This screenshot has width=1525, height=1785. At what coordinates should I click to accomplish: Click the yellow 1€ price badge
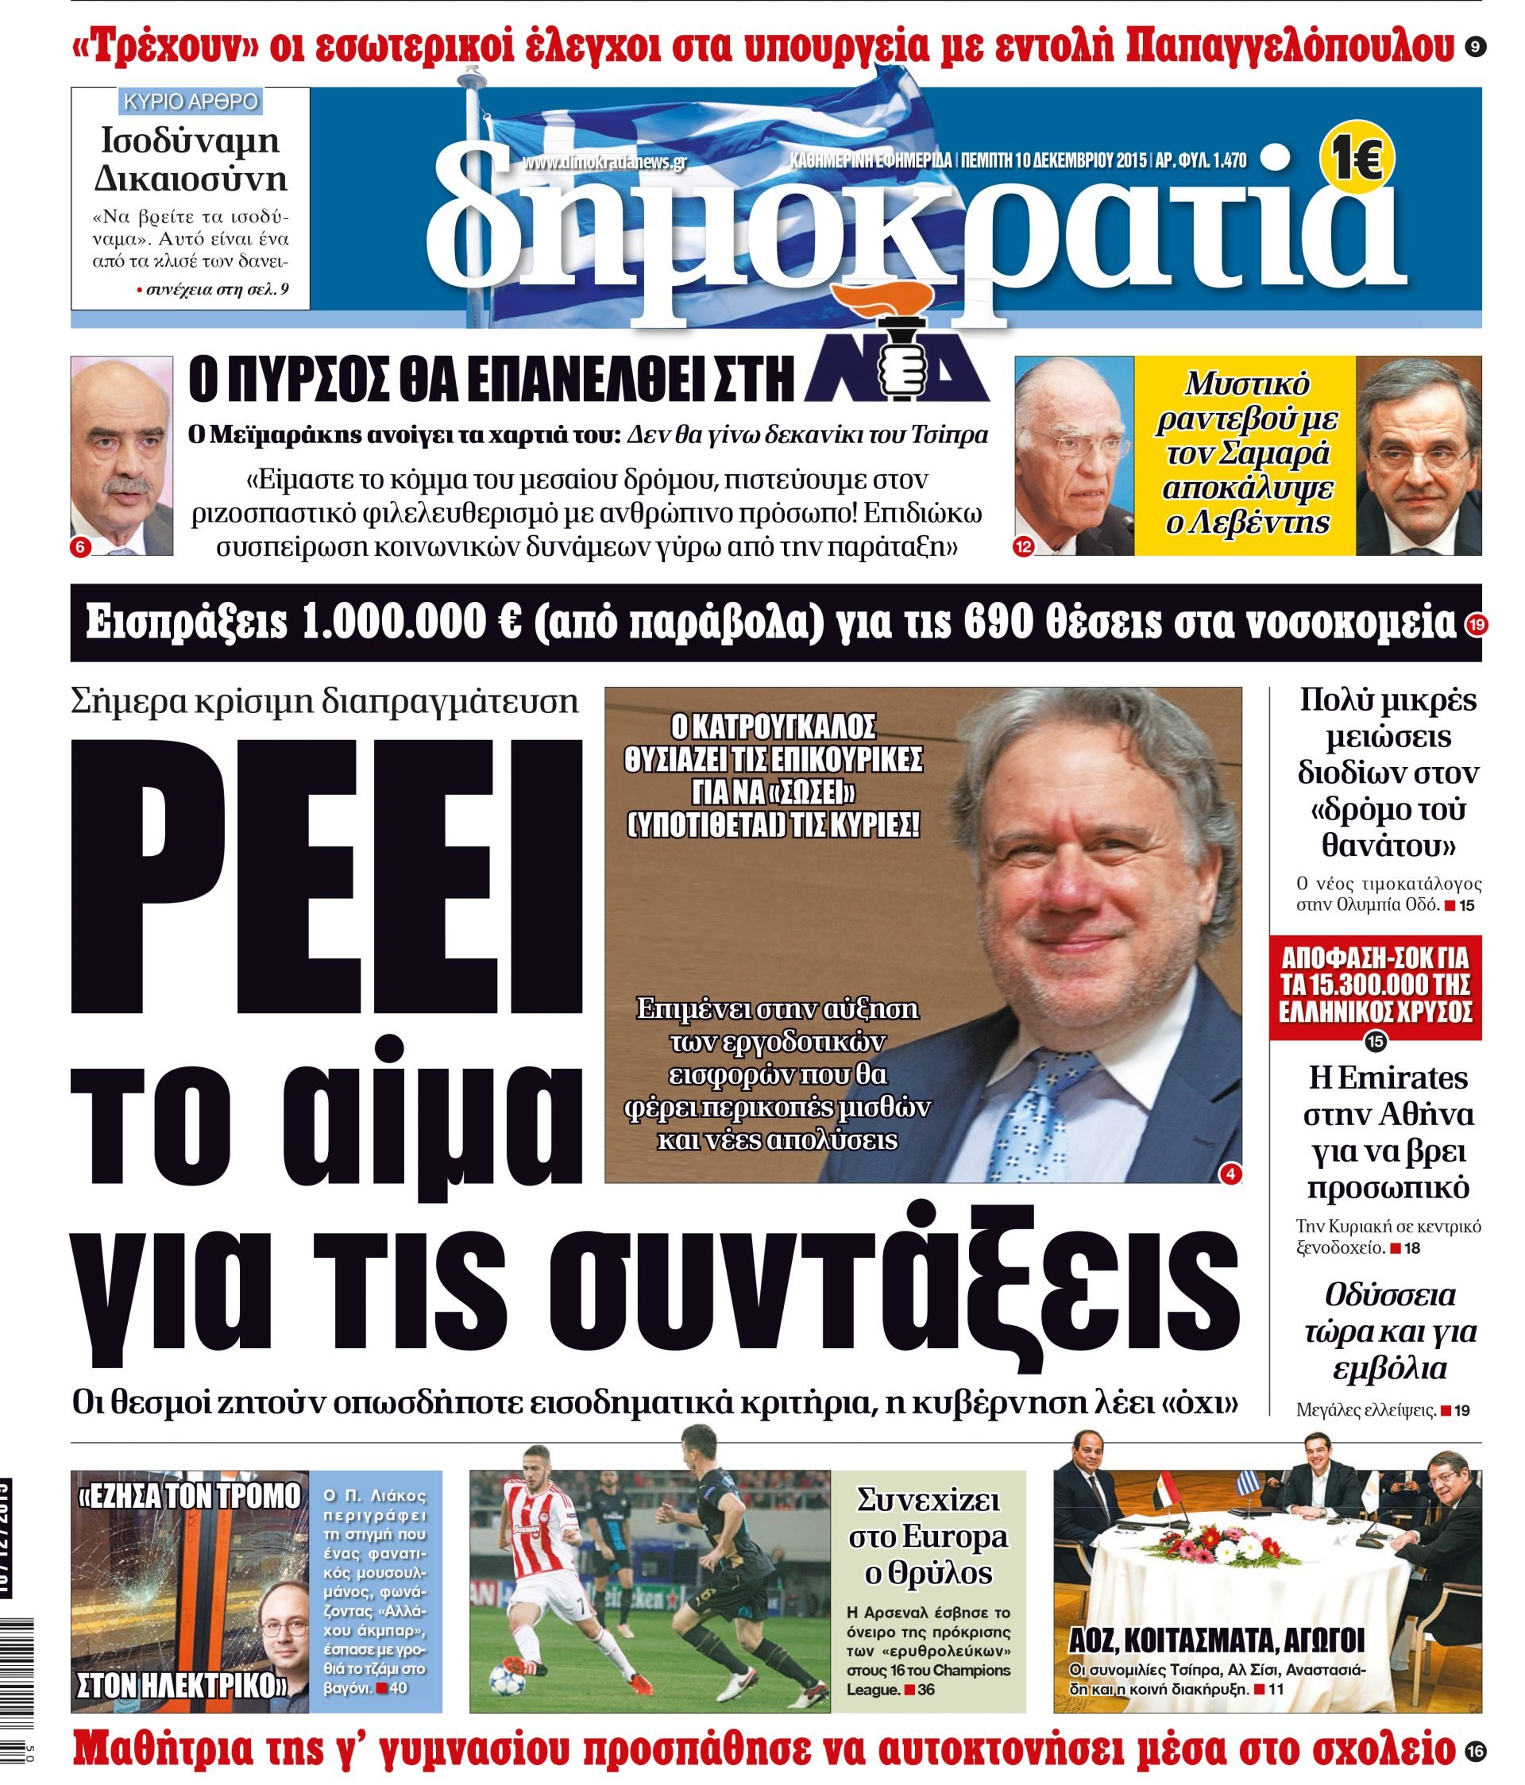[x=1356, y=156]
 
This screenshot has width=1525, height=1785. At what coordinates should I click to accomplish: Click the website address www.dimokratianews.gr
[x=604, y=162]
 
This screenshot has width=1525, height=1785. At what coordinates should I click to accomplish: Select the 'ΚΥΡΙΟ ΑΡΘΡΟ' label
[x=191, y=102]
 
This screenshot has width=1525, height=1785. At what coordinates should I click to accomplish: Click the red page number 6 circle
[x=81, y=546]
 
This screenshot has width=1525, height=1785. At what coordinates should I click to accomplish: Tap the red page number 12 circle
[x=1024, y=546]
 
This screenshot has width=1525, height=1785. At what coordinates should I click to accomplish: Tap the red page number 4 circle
[x=1230, y=1173]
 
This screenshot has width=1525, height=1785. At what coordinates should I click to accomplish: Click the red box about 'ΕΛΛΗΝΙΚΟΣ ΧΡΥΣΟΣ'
[x=1375, y=985]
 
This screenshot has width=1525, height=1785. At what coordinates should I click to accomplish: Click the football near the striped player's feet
[x=504, y=1677]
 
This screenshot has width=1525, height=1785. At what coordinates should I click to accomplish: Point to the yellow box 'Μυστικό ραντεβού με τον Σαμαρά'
[x=1244, y=454]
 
